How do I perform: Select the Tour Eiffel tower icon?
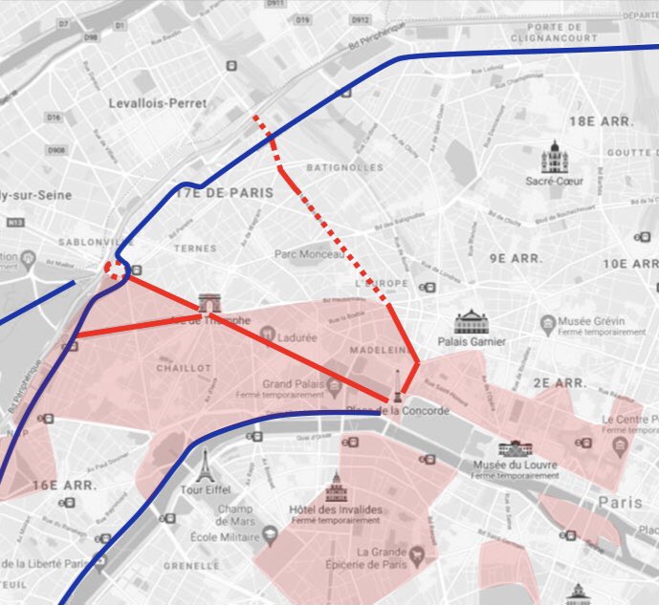(203, 465)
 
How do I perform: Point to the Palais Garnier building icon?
(472, 321)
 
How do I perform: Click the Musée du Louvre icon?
(515, 448)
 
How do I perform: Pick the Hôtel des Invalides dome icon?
(336, 487)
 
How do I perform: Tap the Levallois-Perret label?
(150, 103)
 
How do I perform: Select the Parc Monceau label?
(308, 255)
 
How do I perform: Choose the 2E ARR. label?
(560, 382)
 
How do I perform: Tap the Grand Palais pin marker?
(335, 386)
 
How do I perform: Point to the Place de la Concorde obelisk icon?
(395, 384)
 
